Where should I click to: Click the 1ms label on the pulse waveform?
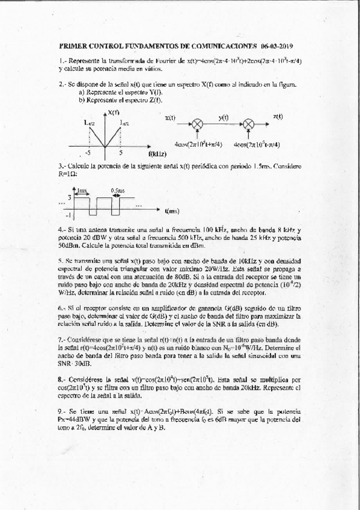tap(82, 190)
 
